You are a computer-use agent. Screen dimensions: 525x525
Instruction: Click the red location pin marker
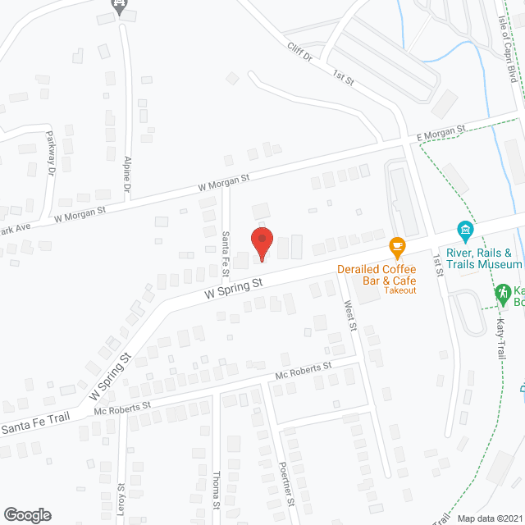(261, 244)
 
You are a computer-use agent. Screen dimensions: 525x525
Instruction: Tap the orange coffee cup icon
(397, 246)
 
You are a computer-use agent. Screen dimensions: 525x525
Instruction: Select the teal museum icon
(465, 230)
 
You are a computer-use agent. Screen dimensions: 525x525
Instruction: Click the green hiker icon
(501, 292)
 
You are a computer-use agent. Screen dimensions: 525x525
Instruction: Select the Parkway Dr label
(50, 151)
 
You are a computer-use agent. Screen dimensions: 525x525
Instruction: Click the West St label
(350, 315)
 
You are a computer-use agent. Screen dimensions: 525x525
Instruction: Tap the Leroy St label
(121, 499)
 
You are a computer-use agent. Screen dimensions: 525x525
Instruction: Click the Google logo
(26, 515)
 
